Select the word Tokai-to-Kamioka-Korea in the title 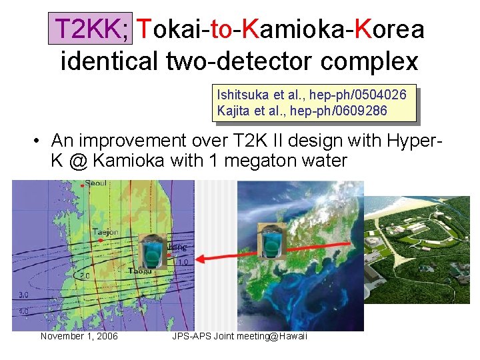click(x=280, y=29)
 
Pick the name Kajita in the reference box click(x=233, y=110)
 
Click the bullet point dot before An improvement click(x=39, y=141)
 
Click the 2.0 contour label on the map click(x=85, y=275)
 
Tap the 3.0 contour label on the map click(x=23, y=294)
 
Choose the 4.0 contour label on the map click(x=23, y=311)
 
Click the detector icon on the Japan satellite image click(x=272, y=241)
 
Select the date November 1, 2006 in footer click(x=79, y=336)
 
